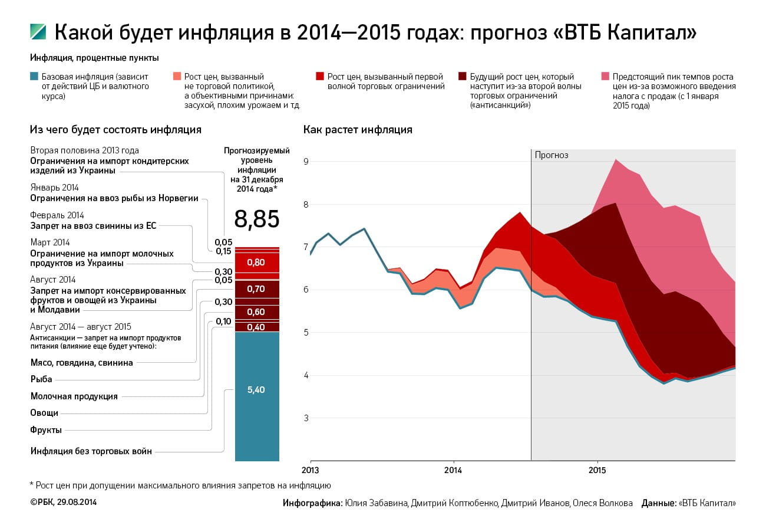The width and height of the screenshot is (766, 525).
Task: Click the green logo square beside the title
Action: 38,32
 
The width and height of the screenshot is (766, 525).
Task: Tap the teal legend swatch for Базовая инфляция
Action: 34,76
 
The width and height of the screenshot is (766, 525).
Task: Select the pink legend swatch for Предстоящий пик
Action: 605,76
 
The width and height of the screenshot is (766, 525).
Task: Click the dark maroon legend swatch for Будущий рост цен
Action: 462,76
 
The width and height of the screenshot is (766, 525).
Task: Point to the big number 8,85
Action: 256,219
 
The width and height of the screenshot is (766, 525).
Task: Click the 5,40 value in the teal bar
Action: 256,390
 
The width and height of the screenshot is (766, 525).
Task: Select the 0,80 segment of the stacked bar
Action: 256,262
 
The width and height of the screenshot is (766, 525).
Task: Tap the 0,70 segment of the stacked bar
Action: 256,289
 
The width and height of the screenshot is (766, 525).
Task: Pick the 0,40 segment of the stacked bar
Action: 256,327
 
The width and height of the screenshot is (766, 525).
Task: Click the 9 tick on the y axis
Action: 306,162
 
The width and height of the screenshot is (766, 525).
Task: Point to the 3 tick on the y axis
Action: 306,418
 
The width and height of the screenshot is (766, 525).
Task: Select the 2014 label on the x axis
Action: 453,471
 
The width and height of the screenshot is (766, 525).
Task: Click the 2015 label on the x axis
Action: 597,471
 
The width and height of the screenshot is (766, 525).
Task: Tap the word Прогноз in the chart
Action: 552,155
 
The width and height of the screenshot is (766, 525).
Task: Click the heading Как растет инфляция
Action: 358,130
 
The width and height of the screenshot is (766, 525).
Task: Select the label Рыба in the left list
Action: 41,379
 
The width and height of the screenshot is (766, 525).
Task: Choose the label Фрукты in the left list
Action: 46,430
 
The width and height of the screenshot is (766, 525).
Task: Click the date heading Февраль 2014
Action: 57,215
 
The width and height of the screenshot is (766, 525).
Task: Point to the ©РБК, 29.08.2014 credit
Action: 63,502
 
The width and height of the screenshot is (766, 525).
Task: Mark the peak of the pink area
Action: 615,159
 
